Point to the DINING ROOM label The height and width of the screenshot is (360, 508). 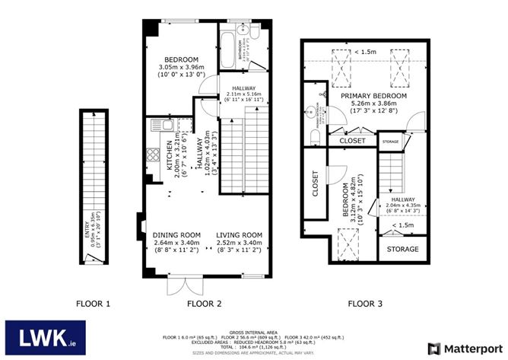click(x=176, y=234)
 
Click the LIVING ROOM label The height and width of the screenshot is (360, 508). click(x=239, y=234)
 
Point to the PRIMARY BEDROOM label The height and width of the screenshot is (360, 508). click(x=373, y=97)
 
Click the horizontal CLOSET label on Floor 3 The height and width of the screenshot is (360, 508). click(x=352, y=141)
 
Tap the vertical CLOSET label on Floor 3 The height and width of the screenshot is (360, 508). click(x=316, y=183)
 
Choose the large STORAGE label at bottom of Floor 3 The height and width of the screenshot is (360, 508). click(x=402, y=249)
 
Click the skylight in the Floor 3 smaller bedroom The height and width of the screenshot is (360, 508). click(x=346, y=245)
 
